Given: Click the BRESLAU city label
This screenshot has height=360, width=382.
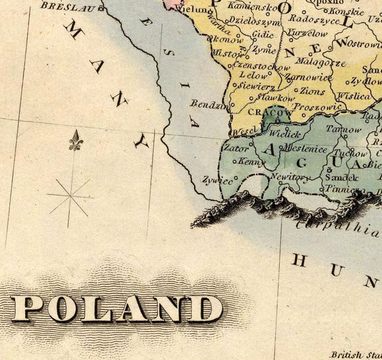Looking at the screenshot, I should pos(69,7).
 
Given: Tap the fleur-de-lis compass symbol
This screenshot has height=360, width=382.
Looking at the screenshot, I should pos(75,140).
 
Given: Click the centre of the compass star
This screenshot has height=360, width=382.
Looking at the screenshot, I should pos(70,196).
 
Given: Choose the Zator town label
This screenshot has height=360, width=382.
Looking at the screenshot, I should pos(236,149).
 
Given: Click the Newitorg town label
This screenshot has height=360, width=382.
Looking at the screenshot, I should pos(289,177).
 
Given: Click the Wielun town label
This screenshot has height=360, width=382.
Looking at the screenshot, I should pos(192,9).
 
